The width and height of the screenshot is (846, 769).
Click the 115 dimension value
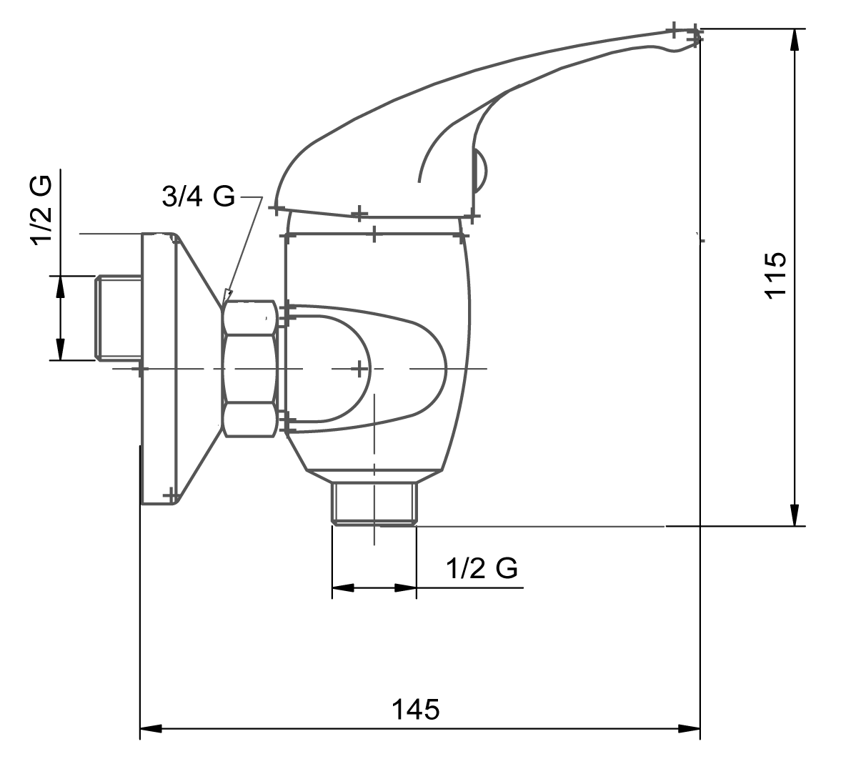pos(776,274)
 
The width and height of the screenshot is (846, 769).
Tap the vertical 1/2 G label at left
pos(41,210)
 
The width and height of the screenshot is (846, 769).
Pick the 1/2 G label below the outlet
pos(482,568)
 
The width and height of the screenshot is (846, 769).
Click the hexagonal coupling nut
pos(250,369)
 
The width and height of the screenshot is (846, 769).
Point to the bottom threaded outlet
pos(374,503)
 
